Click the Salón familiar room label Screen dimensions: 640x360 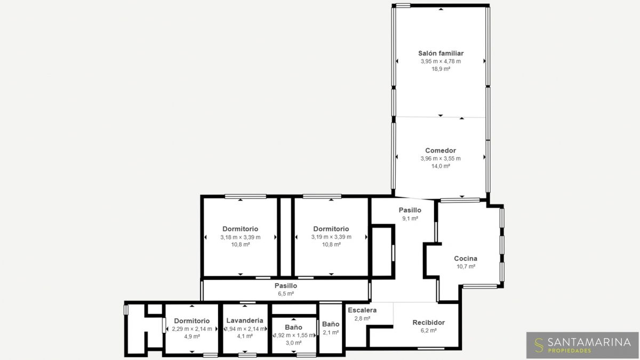[441, 53]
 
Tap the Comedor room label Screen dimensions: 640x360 [441, 150]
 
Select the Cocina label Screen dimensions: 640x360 [466, 258]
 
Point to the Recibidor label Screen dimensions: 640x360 [429, 323]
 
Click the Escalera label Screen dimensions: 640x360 [362, 310]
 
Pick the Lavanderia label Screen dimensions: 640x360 [245, 321]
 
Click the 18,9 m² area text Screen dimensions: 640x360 [441, 69]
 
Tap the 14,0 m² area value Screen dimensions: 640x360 [441, 166]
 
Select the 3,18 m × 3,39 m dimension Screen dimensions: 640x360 [241, 237]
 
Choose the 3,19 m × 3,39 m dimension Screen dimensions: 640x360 [331, 237]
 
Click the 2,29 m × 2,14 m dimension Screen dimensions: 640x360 [192, 329]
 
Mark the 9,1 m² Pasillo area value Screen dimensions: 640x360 [410, 219]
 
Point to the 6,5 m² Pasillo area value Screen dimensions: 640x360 [286, 293]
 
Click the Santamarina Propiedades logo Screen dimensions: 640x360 [582, 345]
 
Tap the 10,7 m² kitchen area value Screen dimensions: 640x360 [466, 267]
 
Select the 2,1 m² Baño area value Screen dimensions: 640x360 [331, 333]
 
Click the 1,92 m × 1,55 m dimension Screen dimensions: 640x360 [294, 335]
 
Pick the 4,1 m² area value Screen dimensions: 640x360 [245, 337]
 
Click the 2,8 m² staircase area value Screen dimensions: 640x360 [363, 318]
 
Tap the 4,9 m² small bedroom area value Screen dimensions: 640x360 [192, 337]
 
